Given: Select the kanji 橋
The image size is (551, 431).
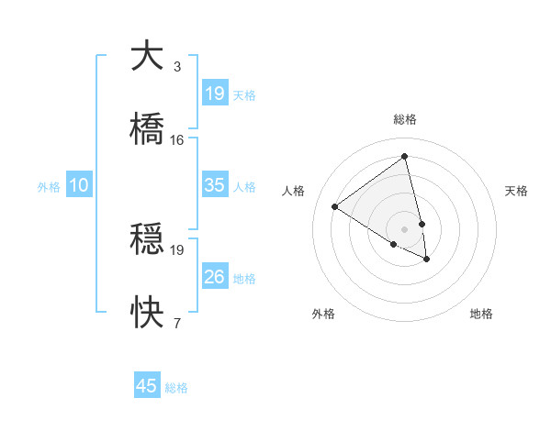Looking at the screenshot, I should (147, 128).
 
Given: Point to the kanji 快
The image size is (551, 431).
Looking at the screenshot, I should (147, 312).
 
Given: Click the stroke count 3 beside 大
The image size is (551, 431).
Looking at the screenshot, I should (177, 67).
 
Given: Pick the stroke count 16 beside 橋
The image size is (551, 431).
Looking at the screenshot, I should (177, 140).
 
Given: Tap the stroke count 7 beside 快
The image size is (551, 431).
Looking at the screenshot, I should (177, 323).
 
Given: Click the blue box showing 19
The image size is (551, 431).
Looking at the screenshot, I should (215, 94).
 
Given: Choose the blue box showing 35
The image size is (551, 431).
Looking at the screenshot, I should (215, 185).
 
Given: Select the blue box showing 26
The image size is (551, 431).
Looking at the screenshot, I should (215, 277).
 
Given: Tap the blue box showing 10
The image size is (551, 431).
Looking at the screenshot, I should (79, 185).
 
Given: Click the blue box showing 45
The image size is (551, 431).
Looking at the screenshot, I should (147, 386).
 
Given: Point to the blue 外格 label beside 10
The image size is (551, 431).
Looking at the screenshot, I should (49, 187).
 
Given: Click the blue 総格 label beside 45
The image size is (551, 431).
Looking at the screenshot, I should (176, 388).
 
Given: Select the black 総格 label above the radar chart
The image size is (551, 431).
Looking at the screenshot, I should (405, 119).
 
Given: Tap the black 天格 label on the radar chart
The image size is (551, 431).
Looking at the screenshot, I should (516, 191).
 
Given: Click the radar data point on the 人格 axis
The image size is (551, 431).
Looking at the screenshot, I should (335, 207).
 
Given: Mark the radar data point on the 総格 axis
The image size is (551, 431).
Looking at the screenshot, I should (405, 156).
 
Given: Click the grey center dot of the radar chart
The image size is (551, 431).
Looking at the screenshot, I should (405, 228).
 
